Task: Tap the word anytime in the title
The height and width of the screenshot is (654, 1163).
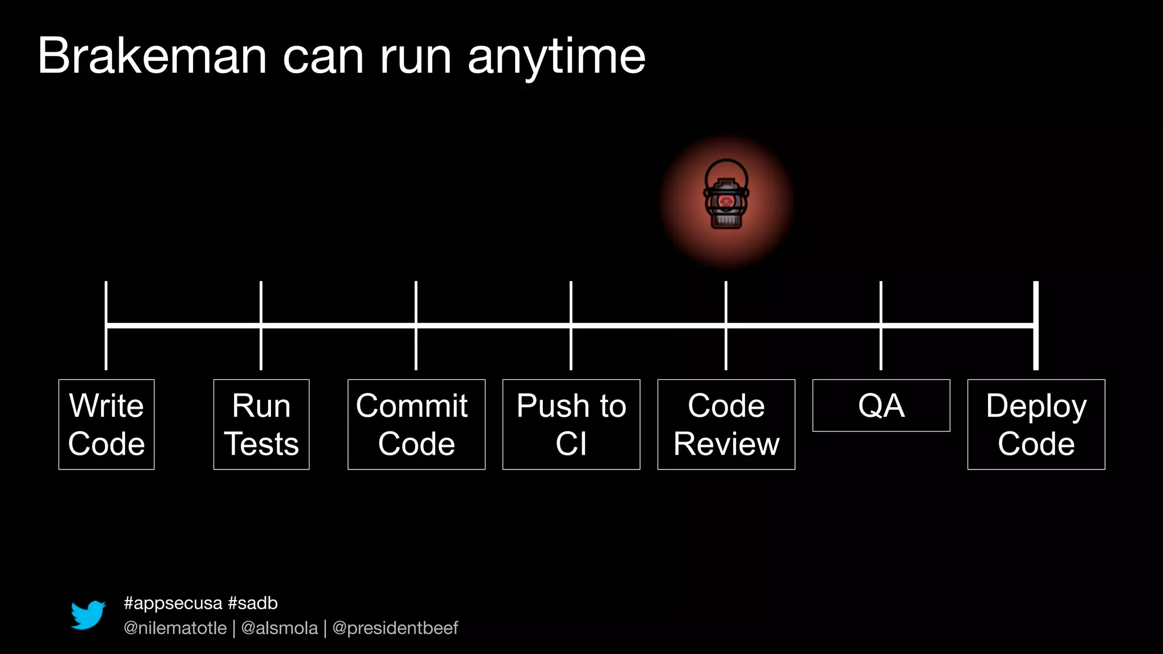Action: coord(557,57)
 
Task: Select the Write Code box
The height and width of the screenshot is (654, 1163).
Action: coord(106,424)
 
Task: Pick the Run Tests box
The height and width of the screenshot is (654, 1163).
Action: coord(261,424)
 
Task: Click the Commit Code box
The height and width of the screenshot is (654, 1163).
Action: coord(416,424)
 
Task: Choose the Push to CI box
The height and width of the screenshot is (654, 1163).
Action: coord(571,424)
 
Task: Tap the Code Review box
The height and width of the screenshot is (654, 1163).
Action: coord(726,424)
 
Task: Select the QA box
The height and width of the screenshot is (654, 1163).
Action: coord(881,405)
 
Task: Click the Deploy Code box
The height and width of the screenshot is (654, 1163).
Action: coord(1036,424)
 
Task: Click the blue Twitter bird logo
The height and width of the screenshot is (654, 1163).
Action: coord(88,615)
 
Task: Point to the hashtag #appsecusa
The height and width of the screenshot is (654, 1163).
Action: coord(173,603)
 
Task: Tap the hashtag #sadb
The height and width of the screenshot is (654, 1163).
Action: coord(253,603)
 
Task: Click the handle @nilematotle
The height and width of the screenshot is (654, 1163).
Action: coord(175,628)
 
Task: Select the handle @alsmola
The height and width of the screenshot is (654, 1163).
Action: coord(279,628)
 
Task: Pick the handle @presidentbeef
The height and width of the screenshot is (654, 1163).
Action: coord(395,628)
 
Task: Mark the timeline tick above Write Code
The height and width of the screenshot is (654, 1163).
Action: coord(106,301)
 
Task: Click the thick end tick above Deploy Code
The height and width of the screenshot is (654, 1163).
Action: coord(1036,301)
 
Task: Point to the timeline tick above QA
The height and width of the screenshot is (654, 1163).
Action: coord(881,301)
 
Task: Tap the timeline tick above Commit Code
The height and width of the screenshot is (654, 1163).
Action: coord(416,301)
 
